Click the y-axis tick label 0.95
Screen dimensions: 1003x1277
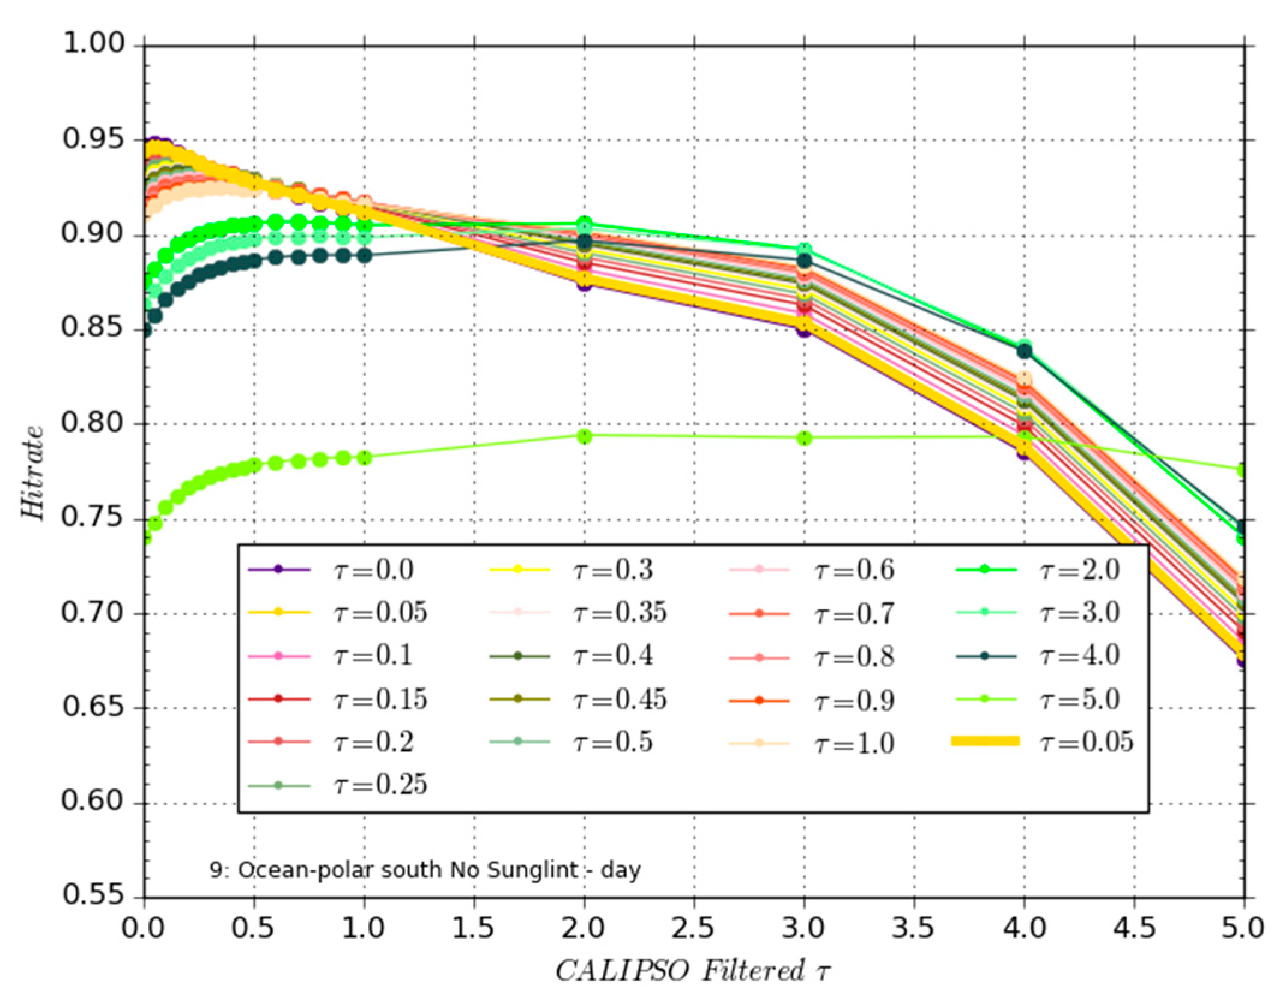(93, 139)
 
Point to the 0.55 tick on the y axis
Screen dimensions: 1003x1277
(93, 895)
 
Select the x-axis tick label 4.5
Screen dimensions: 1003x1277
(1133, 928)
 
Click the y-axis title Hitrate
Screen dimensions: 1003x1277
(33, 472)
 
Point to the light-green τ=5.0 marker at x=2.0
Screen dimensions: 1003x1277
(584, 436)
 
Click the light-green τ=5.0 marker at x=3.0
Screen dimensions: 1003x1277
(805, 438)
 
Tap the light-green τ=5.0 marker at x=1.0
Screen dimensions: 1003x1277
(364, 458)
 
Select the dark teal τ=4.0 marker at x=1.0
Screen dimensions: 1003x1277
(364, 255)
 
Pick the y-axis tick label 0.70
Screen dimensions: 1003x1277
(93, 613)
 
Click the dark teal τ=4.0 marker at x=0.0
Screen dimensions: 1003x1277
(145, 330)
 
